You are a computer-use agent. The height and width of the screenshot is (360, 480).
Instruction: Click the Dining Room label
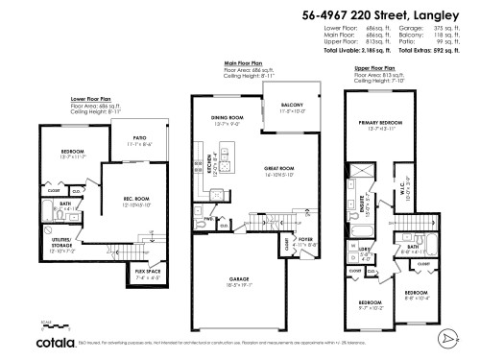(226, 118)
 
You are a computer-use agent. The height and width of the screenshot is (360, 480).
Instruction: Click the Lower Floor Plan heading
(92, 98)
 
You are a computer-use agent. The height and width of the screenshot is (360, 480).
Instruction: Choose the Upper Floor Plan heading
(374, 69)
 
